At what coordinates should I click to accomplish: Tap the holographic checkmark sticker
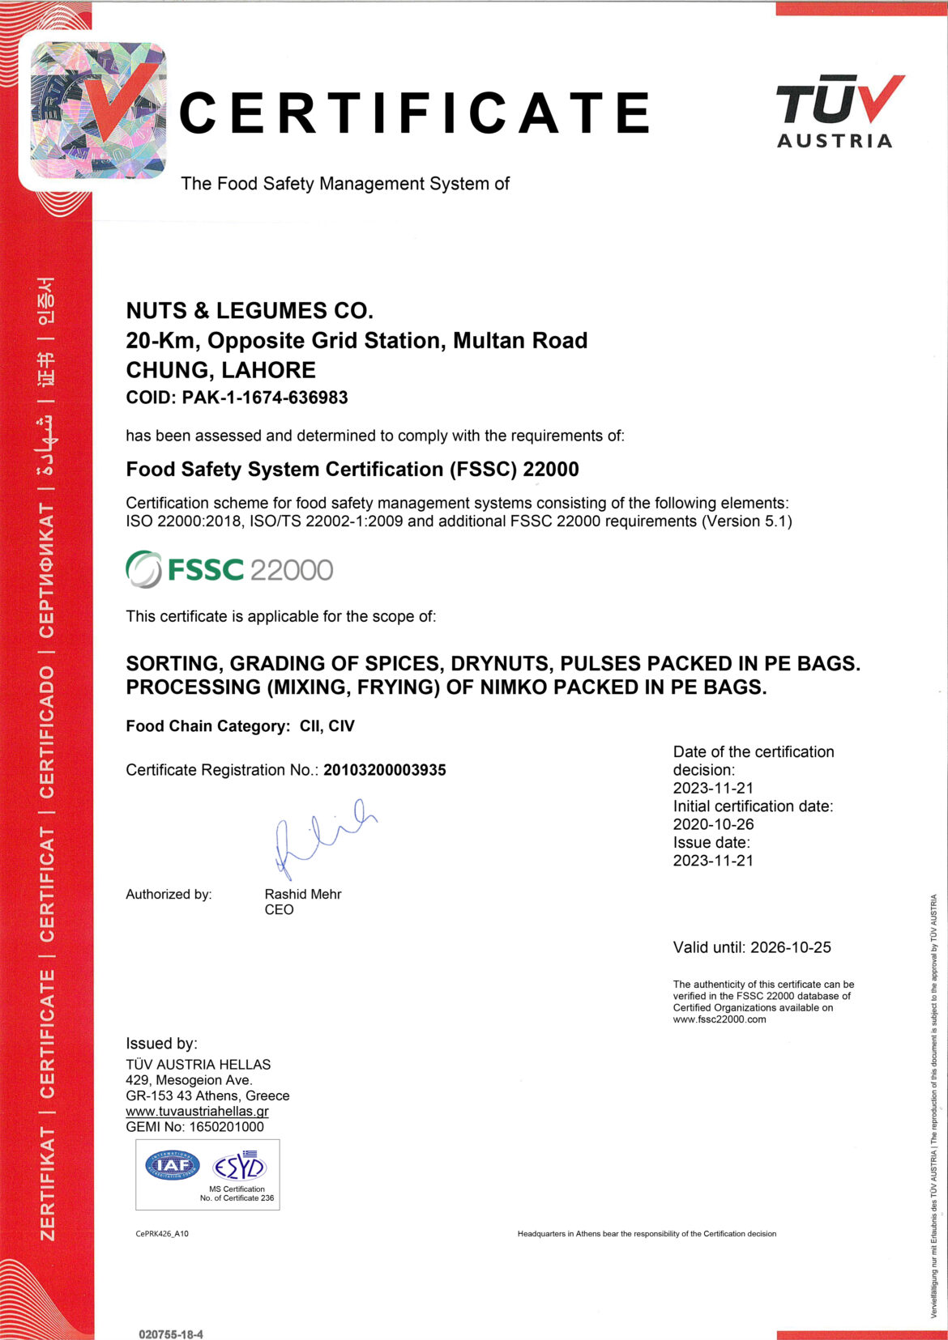[98, 110]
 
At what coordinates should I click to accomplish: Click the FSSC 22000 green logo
[229, 569]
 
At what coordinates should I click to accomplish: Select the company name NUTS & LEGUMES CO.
[250, 311]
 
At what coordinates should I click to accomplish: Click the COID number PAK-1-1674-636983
[265, 398]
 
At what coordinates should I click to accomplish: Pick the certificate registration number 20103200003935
[385, 770]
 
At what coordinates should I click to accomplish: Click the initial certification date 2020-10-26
[713, 824]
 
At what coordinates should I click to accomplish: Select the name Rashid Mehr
[303, 894]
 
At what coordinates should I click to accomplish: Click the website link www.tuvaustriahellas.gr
[197, 1111]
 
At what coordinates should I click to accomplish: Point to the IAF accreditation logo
[172, 1166]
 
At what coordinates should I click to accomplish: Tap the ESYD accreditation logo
[239, 1166]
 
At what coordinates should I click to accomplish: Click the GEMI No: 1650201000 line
[194, 1126]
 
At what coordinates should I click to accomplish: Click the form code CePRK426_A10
[162, 1234]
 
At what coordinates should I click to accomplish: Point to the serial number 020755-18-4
[171, 1334]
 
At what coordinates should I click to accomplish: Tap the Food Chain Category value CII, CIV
[327, 726]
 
